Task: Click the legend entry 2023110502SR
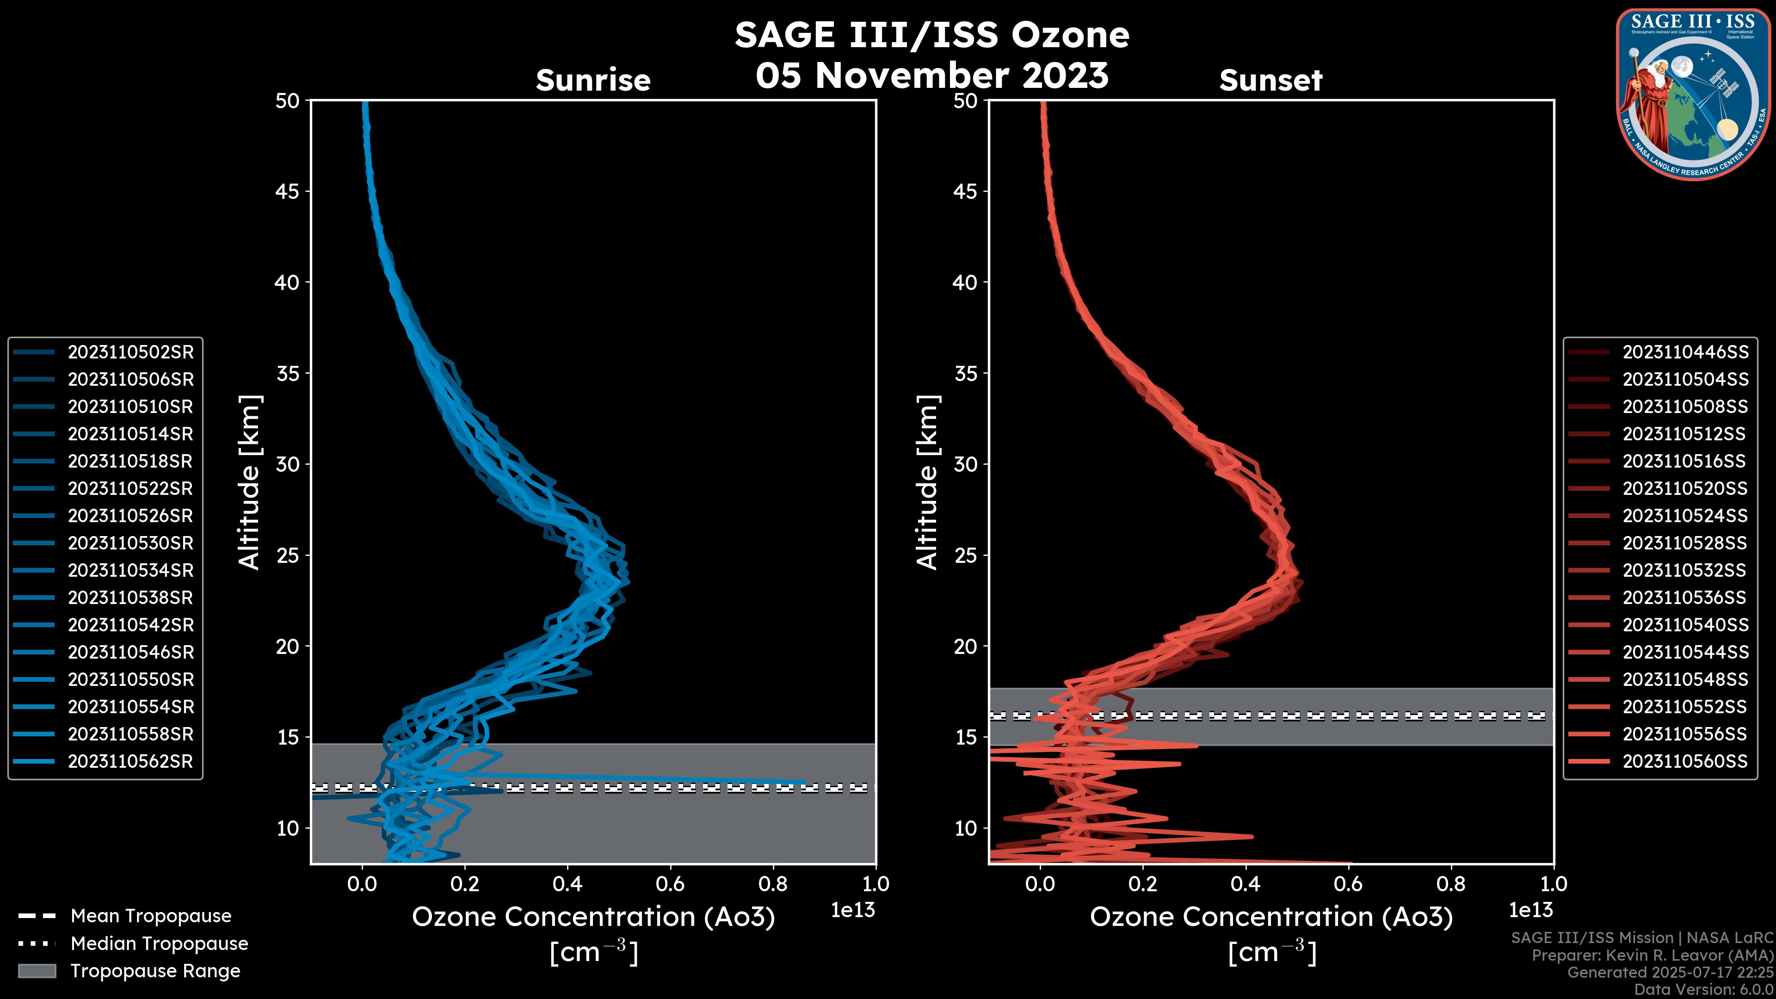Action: (x=130, y=352)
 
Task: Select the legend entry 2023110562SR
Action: (x=130, y=762)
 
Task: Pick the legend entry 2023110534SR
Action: (x=130, y=571)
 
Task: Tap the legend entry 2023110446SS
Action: (x=1685, y=352)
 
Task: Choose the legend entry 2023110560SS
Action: (x=1685, y=762)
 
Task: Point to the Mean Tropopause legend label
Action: (x=151, y=916)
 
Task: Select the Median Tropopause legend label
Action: (x=159, y=944)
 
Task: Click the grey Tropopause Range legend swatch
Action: (x=37, y=971)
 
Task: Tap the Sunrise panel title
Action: (x=593, y=80)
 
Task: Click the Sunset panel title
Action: (x=1270, y=80)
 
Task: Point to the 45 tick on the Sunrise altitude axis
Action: (x=288, y=191)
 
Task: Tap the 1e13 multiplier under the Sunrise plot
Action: (x=853, y=911)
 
